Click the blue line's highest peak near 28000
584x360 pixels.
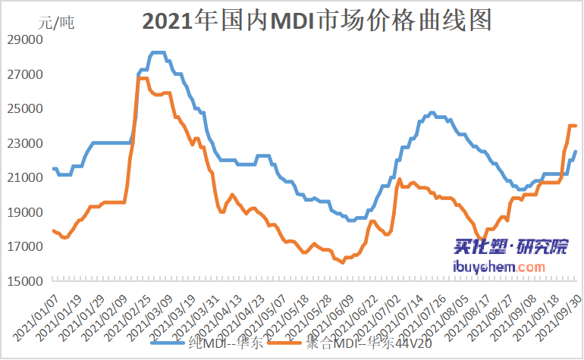click(x=157, y=52)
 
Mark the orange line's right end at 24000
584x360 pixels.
click(x=576, y=126)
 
